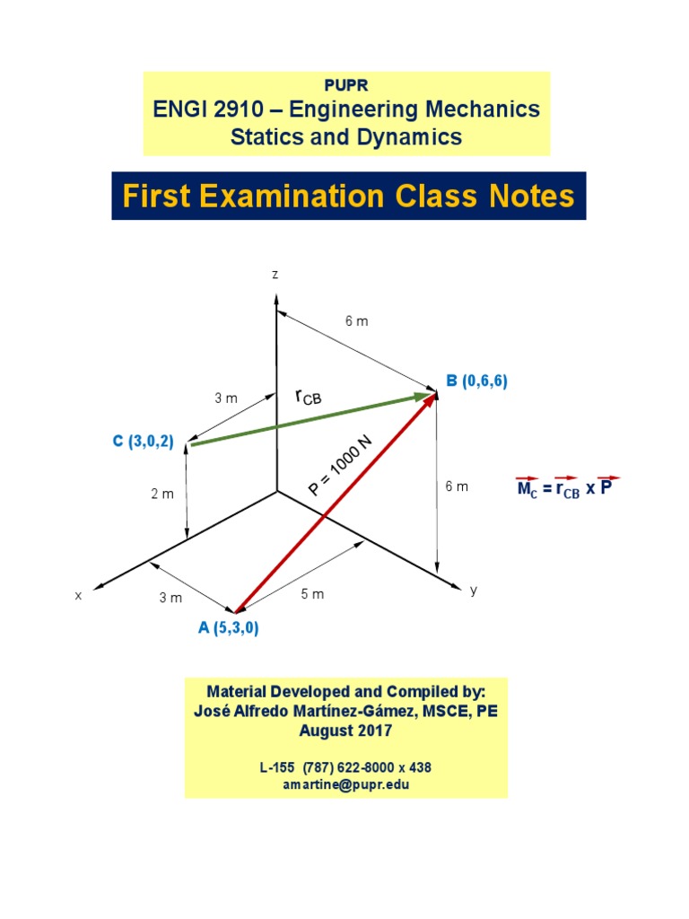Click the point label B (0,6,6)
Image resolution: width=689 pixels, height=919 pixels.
click(477, 381)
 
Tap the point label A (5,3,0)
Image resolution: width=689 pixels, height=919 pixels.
click(229, 628)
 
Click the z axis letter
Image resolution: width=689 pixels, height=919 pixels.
click(275, 275)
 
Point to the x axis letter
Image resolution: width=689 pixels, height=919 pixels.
click(78, 595)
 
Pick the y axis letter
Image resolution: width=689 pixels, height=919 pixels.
click(474, 590)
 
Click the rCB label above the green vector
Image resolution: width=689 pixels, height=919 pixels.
click(308, 396)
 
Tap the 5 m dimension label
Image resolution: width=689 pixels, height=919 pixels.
click(312, 595)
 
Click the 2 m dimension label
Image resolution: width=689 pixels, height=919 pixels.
click(161, 495)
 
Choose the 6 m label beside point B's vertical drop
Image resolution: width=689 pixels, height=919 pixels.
click(457, 486)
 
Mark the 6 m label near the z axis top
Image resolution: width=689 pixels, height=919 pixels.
click(357, 320)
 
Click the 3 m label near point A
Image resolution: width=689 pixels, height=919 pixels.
click(170, 598)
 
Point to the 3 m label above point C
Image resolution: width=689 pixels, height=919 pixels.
click(226, 398)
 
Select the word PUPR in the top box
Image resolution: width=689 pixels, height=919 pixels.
click(345, 85)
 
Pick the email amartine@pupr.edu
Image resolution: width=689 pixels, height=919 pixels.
click(345, 784)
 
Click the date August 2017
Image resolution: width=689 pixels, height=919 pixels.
click(345, 731)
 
